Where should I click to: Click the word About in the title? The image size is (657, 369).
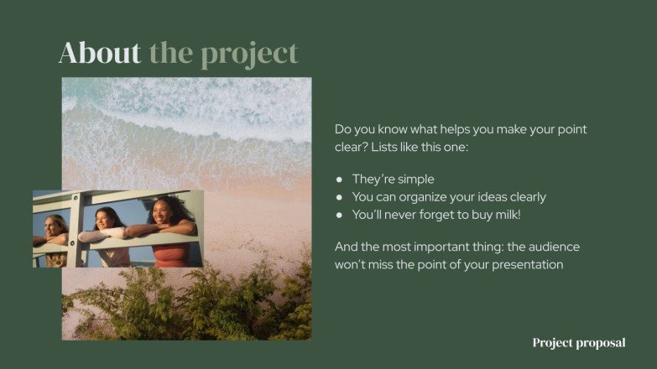[99, 53]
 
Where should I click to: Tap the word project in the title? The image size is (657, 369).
[249, 54]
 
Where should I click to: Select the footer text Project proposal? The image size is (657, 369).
[578, 343]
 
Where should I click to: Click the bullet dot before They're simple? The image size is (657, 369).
[339, 179]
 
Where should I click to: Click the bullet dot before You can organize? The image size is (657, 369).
[339, 197]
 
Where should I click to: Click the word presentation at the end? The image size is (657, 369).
[526, 265]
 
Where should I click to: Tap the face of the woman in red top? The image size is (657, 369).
[163, 211]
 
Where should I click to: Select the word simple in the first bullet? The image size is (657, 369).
[415, 179]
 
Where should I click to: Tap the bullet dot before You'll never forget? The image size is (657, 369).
[339, 215]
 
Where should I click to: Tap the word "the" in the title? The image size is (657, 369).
[171, 53]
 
